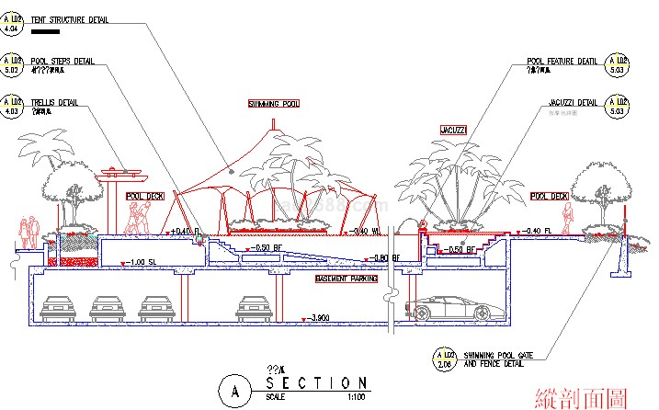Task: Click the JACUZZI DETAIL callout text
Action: [574, 101]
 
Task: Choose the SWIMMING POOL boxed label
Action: [275, 105]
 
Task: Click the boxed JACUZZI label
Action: [453, 130]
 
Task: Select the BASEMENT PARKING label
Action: [347, 278]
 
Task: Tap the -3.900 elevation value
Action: [320, 318]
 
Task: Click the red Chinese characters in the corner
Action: [582, 397]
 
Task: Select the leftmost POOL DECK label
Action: [144, 197]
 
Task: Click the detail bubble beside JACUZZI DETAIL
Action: [619, 105]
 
